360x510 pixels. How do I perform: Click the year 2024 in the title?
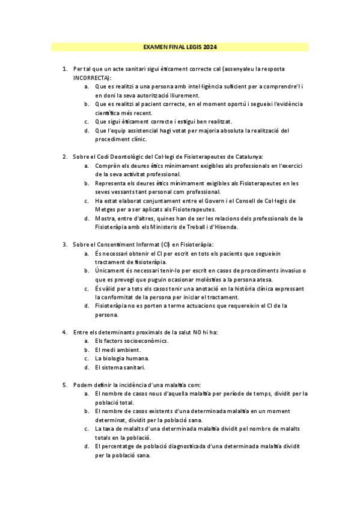point(210,46)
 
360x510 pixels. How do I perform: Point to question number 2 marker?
point(65,156)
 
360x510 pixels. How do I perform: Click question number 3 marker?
point(65,244)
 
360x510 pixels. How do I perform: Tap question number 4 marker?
point(65,332)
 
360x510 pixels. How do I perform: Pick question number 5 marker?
point(65,384)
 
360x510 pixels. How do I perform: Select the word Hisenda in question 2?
point(224,227)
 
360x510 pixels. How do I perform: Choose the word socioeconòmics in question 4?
point(143,340)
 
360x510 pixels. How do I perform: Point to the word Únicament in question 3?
point(110,271)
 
